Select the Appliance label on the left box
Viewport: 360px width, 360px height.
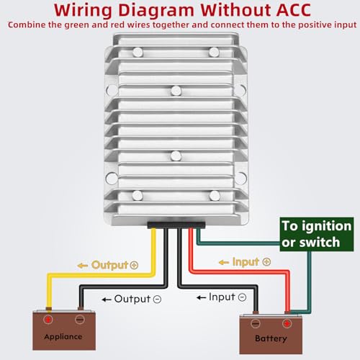click(63, 336)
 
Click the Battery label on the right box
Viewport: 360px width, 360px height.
click(271, 338)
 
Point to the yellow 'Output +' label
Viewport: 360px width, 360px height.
click(108, 264)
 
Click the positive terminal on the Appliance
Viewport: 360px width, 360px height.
click(48, 318)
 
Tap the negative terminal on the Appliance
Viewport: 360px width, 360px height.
click(80, 318)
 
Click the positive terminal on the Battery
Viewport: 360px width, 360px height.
click(287, 323)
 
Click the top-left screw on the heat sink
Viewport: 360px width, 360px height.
click(137, 51)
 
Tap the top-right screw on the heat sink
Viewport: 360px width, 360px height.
click(213, 51)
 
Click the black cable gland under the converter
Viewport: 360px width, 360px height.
click(175, 225)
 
